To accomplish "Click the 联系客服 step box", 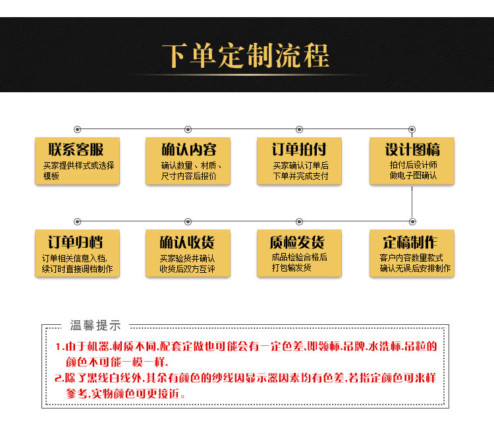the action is click(77, 161).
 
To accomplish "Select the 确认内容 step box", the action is click(188, 161).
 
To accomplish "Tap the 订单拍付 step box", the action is click(300, 161).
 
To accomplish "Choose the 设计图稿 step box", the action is click(412, 161).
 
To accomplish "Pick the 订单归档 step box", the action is click(77, 253).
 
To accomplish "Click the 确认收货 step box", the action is click(188, 253).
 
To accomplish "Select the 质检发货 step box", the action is click(300, 253).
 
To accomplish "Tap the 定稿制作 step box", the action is click(412, 253).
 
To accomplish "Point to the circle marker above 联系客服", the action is click(78, 128).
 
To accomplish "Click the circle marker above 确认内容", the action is click(188, 128).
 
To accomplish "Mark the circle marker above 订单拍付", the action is click(300, 128).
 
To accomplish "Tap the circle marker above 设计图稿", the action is click(412, 128).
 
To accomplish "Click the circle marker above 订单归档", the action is click(78, 221).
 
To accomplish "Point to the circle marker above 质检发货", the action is click(300, 221).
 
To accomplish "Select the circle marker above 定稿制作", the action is click(412, 221).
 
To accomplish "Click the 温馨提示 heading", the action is click(96, 325).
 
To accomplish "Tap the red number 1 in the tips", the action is click(58, 347).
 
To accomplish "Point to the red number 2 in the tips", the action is click(58, 378).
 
